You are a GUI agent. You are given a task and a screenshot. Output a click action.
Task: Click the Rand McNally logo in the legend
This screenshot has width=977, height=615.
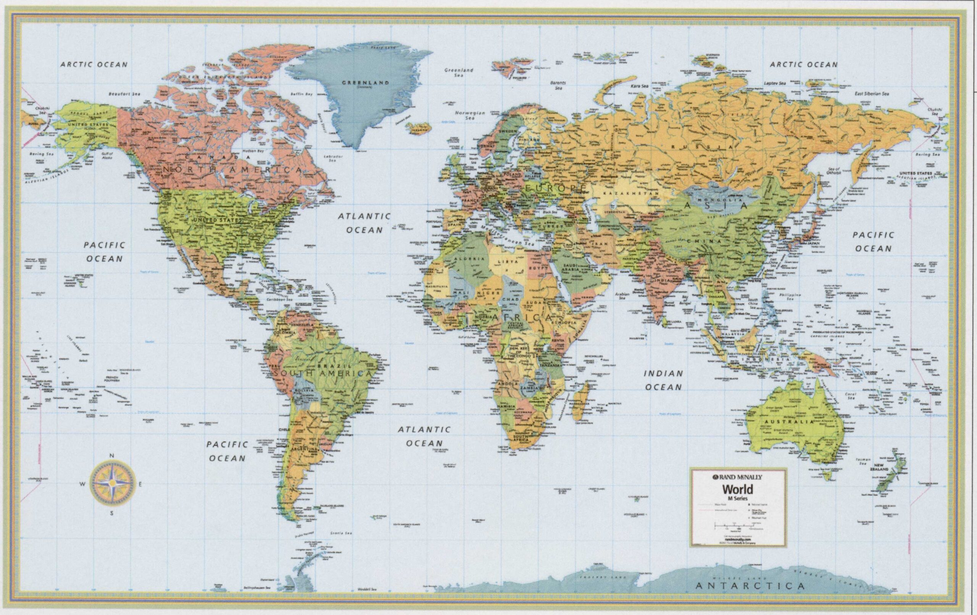click(738, 477)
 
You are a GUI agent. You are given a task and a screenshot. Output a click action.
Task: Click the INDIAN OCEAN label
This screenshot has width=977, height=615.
click(663, 380)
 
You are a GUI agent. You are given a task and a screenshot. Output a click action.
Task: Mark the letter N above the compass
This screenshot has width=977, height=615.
click(112, 455)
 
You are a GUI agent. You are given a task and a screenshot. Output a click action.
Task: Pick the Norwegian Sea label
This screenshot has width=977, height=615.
click(470, 115)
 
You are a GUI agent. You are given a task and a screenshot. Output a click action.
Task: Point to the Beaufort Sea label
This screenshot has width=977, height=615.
click(124, 94)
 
